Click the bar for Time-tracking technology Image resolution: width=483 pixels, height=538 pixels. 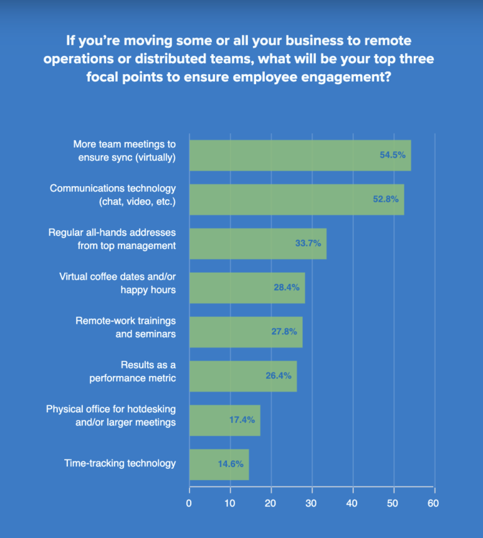tap(219, 464)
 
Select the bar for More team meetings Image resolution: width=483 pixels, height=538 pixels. tap(300, 155)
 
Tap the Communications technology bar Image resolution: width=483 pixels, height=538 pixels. tap(296, 199)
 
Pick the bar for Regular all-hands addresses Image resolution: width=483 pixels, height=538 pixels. tap(258, 243)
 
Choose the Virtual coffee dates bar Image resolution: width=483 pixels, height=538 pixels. tap(247, 288)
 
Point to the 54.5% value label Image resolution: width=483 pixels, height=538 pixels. tap(392, 155)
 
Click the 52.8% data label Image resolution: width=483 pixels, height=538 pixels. tap(386, 199)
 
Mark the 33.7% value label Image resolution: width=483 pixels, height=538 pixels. tap(308, 243)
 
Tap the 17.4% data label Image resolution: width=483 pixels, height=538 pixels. tap(242, 420)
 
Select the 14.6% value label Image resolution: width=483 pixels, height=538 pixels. tap(230, 464)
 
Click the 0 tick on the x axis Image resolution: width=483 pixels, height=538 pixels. tap(189, 503)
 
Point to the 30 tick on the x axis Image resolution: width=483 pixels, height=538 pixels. tap(312, 503)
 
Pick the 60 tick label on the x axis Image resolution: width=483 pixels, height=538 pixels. tap(433, 503)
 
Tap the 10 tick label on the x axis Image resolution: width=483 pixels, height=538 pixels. tap(230, 503)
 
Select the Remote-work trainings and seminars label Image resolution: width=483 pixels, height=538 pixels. tap(126, 327)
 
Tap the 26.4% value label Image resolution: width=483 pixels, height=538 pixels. tap(279, 376)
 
